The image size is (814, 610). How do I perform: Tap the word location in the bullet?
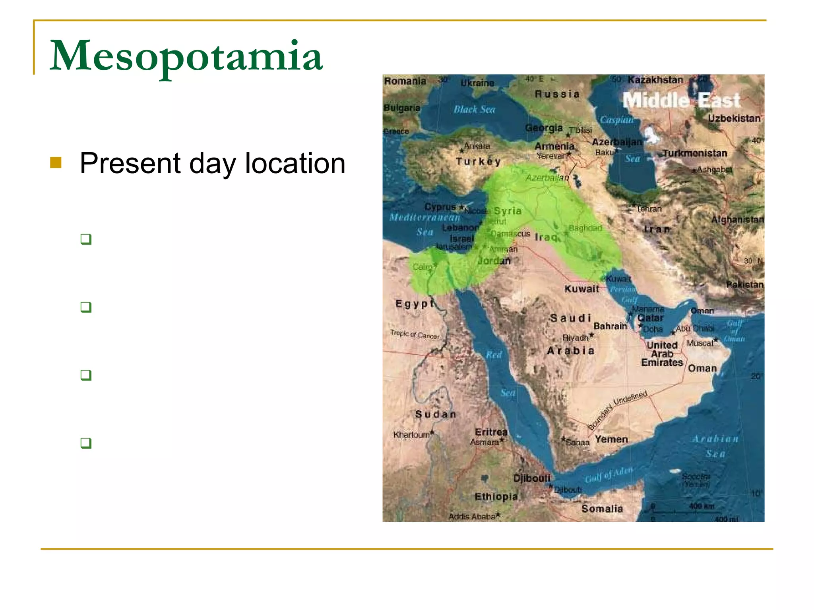(295, 163)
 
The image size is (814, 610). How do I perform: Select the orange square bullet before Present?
(56, 162)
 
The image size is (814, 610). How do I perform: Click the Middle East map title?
(681, 100)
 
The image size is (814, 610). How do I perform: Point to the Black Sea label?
(474, 109)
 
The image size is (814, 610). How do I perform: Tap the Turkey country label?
(478, 161)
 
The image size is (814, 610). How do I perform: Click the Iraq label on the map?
(546, 237)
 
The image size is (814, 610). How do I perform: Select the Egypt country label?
(415, 304)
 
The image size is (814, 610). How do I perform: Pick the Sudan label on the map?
(436, 414)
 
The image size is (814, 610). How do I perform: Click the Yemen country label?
(611, 439)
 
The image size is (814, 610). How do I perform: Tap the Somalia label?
(602, 509)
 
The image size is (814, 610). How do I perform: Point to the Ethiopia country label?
(496, 497)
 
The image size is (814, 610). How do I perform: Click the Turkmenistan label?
(695, 153)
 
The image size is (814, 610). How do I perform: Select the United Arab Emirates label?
(662, 354)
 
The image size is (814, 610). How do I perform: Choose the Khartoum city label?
(412, 435)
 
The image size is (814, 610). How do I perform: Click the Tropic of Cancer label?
(415, 335)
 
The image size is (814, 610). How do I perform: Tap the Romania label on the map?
(405, 81)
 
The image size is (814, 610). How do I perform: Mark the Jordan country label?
(494, 261)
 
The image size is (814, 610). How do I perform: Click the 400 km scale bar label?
(702, 506)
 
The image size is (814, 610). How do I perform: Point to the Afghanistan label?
(737, 219)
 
